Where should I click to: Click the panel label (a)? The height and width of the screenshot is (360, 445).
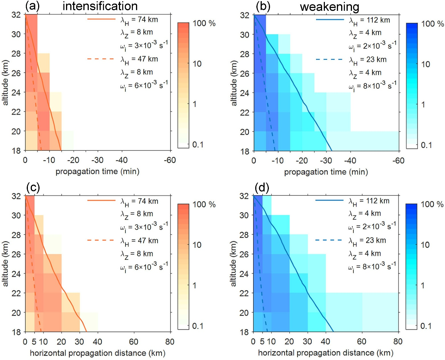(x=32, y=6)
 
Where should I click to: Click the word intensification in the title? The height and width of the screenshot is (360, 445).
(x=100, y=6)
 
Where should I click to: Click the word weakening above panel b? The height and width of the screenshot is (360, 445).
(x=329, y=7)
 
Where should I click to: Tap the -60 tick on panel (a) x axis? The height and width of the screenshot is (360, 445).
(x=170, y=160)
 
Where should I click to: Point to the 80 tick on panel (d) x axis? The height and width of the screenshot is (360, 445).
(x=398, y=342)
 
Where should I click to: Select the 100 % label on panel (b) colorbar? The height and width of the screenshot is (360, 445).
(x=432, y=24)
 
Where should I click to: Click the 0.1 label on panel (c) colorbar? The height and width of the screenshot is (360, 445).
(x=198, y=326)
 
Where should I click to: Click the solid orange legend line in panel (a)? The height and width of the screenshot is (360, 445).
(x=101, y=19)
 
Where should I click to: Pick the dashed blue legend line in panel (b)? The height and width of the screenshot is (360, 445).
(x=329, y=59)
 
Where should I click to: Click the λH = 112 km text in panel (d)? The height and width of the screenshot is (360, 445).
(x=369, y=201)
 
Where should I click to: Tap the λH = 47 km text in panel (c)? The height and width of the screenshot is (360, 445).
(x=139, y=241)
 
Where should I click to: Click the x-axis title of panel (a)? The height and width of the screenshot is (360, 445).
(x=97, y=171)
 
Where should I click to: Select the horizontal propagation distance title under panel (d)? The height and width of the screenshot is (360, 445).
(x=325, y=353)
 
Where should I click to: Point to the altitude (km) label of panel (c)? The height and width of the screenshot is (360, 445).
(x=5, y=264)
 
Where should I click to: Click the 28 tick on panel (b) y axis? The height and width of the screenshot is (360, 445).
(x=245, y=54)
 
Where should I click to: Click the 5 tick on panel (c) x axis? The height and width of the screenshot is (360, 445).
(x=34, y=342)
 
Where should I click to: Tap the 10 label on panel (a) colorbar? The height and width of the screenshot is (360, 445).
(x=197, y=64)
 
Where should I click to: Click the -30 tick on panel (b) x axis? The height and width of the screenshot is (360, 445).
(x=326, y=161)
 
